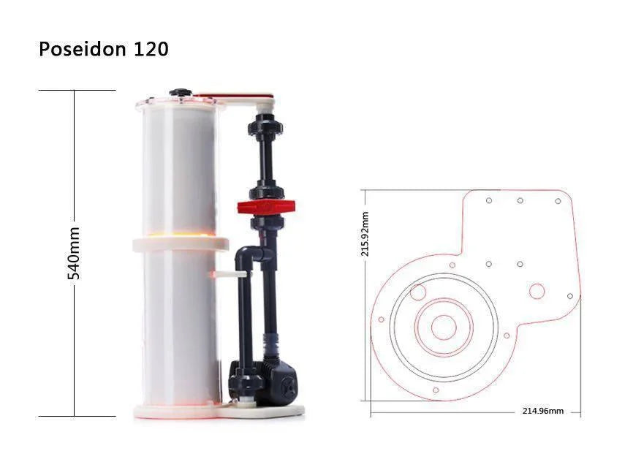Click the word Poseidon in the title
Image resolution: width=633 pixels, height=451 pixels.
coord(82,49)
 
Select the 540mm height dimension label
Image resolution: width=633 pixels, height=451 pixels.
coord(74,253)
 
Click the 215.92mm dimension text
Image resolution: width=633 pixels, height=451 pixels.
coord(365,234)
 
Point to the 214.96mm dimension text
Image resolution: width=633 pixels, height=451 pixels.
coord(543,411)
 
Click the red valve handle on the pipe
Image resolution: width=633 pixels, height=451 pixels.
coord(266,207)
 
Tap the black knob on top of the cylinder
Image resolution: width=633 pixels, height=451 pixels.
coord(180,92)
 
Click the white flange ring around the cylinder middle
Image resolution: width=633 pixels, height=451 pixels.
coord(181,245)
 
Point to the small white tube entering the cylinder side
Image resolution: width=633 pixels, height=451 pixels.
coord(230,275)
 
